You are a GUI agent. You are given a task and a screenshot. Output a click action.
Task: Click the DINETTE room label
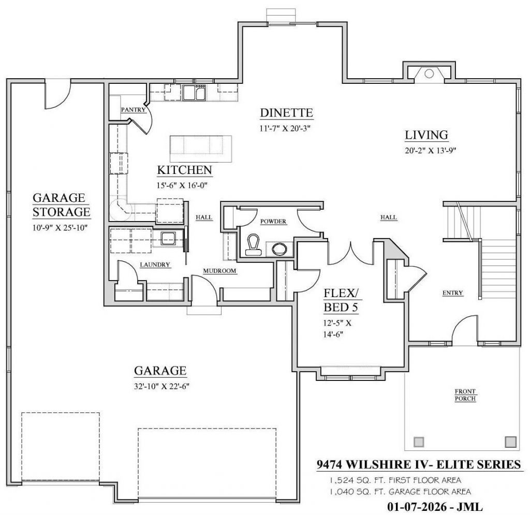(286, 113)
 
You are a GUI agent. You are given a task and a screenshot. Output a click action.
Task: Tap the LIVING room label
(426, 135)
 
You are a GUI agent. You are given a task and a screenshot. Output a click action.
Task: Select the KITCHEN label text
(185, 170)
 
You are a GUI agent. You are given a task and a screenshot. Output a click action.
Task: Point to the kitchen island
(201, 149)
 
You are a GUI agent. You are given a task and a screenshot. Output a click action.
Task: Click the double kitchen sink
(195, 93)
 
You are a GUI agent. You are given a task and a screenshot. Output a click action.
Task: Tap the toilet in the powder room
(253, 245)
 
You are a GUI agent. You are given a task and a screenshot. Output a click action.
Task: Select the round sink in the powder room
(279, 249)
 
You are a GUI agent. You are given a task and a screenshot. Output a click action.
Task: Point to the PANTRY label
(133, 110)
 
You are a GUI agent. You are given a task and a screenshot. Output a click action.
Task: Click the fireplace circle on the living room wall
(429, 73)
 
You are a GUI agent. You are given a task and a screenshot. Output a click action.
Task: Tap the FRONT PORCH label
(465, 395)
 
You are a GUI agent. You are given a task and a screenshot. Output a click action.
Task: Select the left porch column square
(419, 442)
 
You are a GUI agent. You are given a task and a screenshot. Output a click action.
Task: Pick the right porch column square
(510, 442)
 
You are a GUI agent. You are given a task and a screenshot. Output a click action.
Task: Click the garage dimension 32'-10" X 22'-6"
(161, 386)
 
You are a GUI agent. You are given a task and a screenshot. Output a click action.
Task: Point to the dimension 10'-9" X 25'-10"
(60, 228)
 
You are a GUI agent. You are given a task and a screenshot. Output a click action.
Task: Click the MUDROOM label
(219, 271)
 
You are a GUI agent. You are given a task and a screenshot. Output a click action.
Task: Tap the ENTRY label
(452, 293)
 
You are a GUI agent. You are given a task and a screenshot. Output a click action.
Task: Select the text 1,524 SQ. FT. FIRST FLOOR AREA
(395, 480)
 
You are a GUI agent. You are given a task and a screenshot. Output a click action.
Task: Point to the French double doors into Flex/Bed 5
(350, 254)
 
